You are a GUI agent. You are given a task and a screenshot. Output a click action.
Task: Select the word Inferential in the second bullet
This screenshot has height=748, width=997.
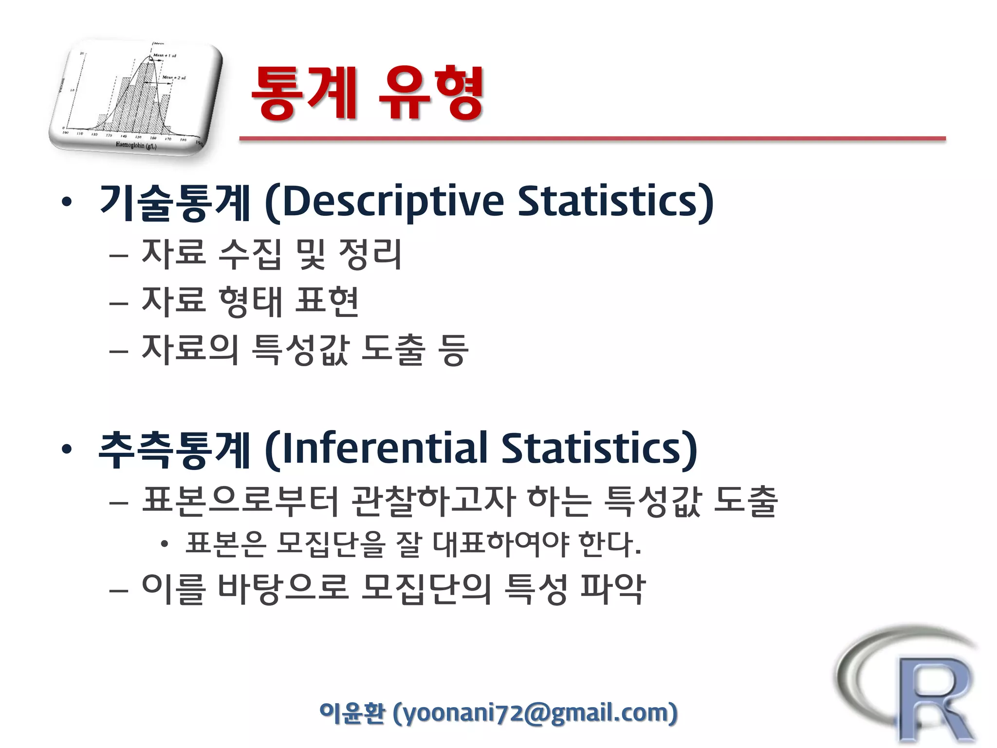(385, 448)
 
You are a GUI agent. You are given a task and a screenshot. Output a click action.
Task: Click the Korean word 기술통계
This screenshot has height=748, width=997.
(175, 202)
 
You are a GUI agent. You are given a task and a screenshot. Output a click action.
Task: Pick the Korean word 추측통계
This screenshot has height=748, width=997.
(175, 449)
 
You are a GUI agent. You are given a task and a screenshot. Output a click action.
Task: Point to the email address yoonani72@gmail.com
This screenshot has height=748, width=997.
(536, 713)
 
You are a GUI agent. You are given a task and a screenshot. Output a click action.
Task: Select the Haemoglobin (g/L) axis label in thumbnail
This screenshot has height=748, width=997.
(136, 145)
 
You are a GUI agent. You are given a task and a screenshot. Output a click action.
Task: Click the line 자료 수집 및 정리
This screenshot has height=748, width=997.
(272, 254)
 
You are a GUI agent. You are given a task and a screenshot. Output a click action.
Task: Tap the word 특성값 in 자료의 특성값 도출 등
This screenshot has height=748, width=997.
(301, 350)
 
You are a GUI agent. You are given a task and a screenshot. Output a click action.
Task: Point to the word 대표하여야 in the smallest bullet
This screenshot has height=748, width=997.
(501, 544)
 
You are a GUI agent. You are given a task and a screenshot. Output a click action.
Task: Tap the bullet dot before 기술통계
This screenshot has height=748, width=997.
(67, 202)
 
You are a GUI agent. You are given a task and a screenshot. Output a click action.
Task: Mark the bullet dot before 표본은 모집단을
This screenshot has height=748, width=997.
(165, 544)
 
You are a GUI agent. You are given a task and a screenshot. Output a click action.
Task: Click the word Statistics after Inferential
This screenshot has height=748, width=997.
(599, 448)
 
